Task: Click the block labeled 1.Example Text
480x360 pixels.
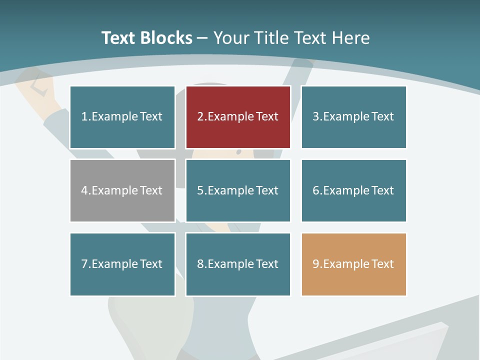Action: [x=122, y=117]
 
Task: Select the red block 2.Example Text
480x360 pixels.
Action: [x=238, y=117]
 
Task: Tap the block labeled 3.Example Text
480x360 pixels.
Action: [x=353, y=117]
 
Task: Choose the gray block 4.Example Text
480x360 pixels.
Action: [x=122, y=190]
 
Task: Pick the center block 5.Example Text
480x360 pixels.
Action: [x=238, y=190]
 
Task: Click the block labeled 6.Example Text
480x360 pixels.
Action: [x=353, y=190]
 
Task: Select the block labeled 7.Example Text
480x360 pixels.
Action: [x=122, y=264]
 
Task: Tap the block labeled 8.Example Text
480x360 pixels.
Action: [x=238, y=264]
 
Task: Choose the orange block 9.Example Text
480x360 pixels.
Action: [x=353, y=264]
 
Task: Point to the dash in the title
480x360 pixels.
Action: [x=202, y=38]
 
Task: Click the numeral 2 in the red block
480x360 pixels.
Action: [x=200, y=117]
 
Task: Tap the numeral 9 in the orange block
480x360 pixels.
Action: [x=315, y=264]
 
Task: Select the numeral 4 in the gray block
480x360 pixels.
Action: [x=84, y=190]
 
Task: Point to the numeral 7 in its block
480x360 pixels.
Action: [x=84, y=264]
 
